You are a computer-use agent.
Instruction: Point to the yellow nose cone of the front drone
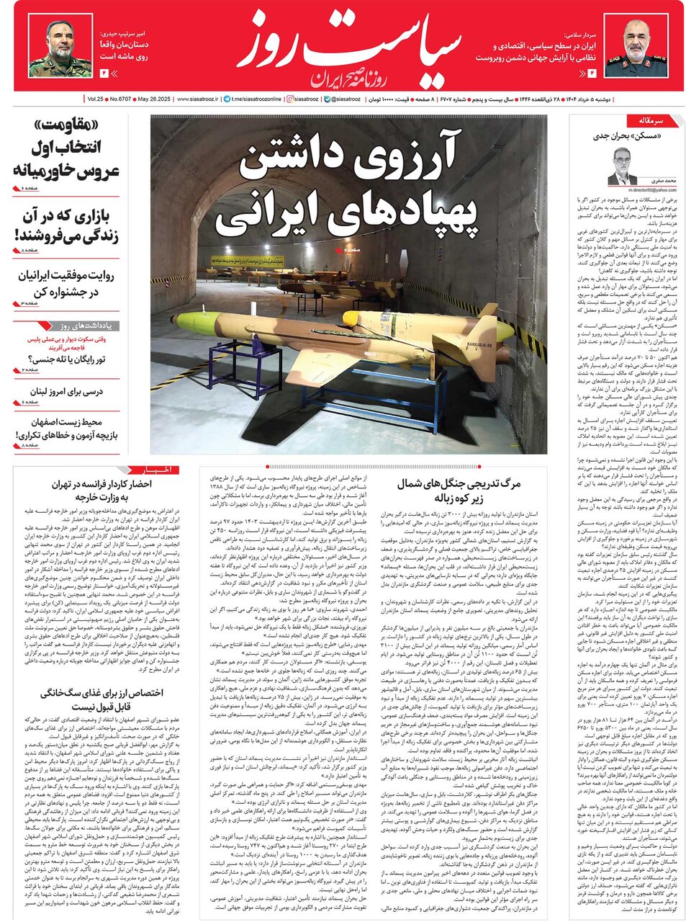coord(191,322)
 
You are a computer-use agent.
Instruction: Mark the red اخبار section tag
coord(158,470)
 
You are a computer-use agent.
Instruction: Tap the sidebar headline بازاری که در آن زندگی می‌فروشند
coord(68,225)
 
